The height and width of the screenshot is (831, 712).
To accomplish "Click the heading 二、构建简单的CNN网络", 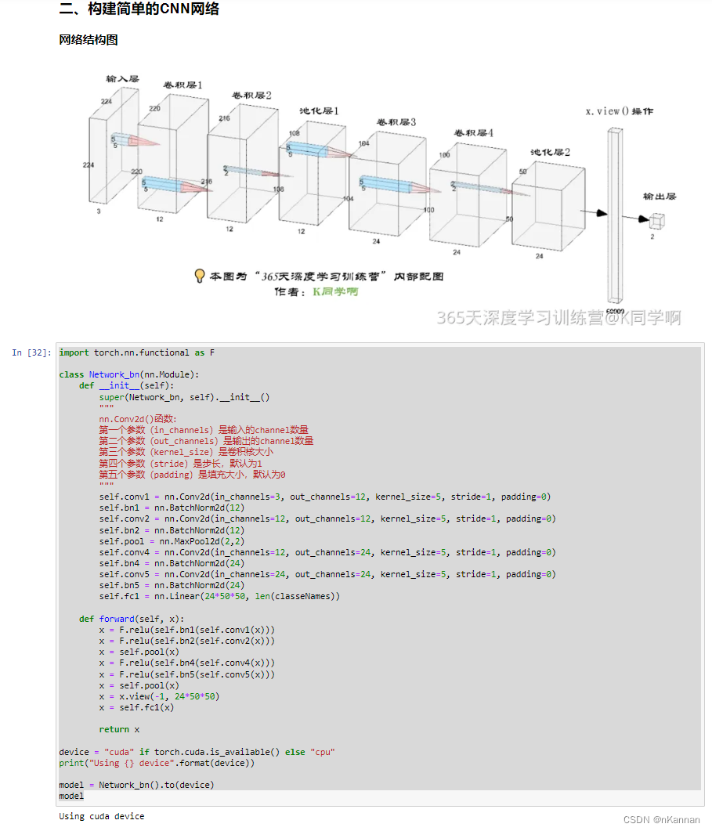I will [x=139, y=9].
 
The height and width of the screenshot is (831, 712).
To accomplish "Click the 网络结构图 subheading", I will [x=89, y=39].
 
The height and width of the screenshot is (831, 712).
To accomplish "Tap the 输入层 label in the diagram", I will [x=122, y=78].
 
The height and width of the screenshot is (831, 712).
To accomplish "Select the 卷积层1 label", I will [x=183, y=85].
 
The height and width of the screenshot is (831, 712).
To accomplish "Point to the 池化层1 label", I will [x=319, y=111].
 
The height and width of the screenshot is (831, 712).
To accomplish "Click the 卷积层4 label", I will [x=472, y=133].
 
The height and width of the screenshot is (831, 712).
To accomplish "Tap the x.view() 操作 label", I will [x=620, y=112].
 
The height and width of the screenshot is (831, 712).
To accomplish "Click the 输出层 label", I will [x=660, y=197].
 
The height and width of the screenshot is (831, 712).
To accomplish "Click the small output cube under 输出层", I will [x=656, y=221].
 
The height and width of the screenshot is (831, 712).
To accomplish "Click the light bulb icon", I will [x=200, y=276].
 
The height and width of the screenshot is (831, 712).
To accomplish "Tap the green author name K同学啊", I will [x=335, y=291].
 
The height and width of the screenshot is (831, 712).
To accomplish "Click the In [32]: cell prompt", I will [x=32, y=353].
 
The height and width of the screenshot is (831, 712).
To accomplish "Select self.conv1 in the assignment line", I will [x=124, y=497].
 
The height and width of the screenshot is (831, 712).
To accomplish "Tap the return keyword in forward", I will [x=114, y=729].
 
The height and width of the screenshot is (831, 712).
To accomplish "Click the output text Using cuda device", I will [x=102, y=816].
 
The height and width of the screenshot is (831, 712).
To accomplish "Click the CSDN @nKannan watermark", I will [x=662, y=819].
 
